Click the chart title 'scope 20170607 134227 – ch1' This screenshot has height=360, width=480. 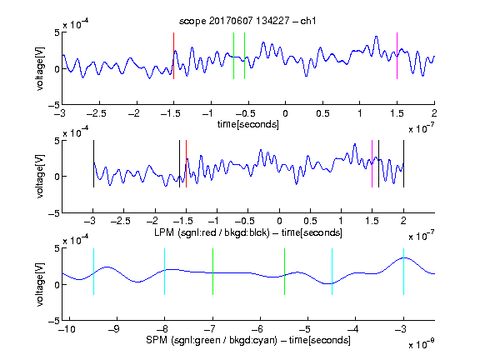[x=247, y=21]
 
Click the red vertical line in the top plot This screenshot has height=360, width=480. [x=173, y=56]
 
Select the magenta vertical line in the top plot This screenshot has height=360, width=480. [x=397, y=56]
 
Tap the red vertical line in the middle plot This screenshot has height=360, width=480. [x=186, y=164]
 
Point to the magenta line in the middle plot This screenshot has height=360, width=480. [x=372, y=164]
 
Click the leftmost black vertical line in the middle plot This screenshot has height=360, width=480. [x=93, y=164]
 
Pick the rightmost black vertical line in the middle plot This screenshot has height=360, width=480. [x=403, y=164]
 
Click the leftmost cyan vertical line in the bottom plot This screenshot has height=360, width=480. [x=93, y=272]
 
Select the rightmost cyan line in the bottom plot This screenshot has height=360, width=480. [x=403, y=272]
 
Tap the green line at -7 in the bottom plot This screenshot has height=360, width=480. [x=212, y=272]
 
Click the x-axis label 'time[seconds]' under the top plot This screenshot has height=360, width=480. [x=248, y=124]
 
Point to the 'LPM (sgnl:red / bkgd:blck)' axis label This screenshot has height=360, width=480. [x=212, y=232]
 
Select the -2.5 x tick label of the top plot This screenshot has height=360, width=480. [x=96, y=113]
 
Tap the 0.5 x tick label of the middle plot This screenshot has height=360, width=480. [x=310, y=221]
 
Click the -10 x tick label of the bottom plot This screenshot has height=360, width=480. [x=68, y=329]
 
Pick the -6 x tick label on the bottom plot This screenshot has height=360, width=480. [x=259, y=329]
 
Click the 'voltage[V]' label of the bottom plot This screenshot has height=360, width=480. [x=40, y=284]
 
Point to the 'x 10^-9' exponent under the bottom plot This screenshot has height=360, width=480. [x=422, y=344]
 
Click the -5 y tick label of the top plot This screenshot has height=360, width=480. [x=54, y=105]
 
